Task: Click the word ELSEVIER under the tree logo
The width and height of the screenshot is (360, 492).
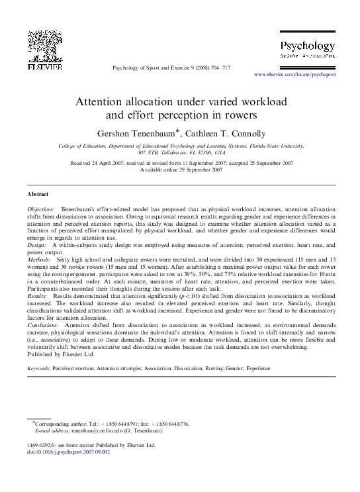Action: point(44,66)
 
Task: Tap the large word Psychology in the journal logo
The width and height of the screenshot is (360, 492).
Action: point(308,46)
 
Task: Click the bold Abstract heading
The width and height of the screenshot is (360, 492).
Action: point(37,194)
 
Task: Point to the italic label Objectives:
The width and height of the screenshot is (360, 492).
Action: point(42,209)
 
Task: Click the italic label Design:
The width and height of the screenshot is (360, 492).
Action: point(37,245)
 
